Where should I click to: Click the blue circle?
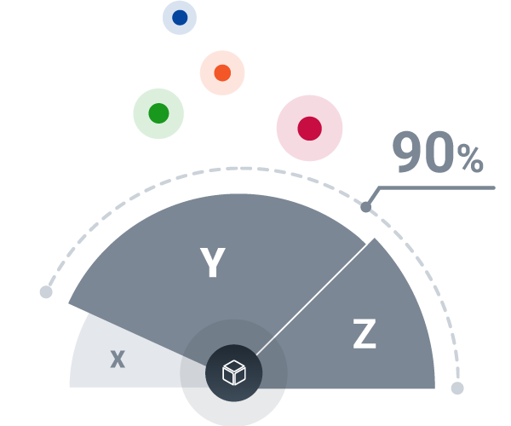[x=180, y=18]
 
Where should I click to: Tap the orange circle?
[x=222, y=72]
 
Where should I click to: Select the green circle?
[x=158, y=113]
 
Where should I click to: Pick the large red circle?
[x=309, y=128]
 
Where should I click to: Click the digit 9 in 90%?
[x=410, y=153]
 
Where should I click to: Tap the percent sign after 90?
[x=470, y=158]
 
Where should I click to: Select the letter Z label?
[x=365, y=336]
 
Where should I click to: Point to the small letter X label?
[x=118, y=359]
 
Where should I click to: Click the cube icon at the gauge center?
[x=233, y=372]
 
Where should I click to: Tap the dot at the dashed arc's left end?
[x=46, y=292]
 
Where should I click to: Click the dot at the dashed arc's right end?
[x=457, y=389]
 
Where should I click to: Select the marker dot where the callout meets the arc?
[x=365, y=206]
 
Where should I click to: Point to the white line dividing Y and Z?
[x=315, y=294]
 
